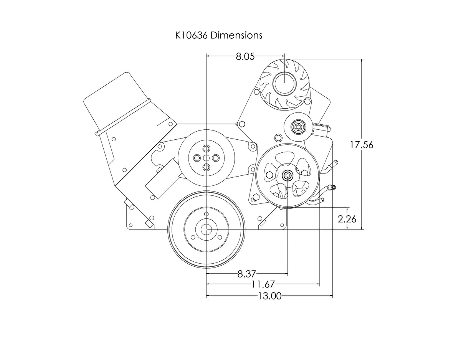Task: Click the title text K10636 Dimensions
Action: [x=218, y=35]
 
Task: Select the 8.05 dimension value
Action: [x=245, y=57]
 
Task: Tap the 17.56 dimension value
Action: [x=361, y=145]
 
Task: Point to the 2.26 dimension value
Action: [x=347, y=219]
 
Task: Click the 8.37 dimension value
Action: [x=246, y=274]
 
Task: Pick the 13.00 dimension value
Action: [x=270, y=296]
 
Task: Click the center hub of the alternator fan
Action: [x=284, y=83]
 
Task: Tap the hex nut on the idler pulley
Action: [x=297, y=126]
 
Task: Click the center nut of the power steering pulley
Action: [x=287, y=176]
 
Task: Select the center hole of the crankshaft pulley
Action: [x=207, y=229]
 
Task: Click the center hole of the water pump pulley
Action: [x=207, y=157]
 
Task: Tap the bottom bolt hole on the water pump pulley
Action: [x=207, y=167]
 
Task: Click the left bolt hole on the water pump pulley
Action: [x=197, y=157]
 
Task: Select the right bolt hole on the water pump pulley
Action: [x=216, y=157]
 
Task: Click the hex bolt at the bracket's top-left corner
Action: [x=241, y=124]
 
